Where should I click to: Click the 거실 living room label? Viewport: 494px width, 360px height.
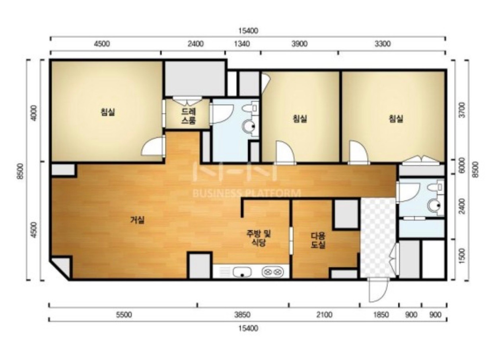[x=137, y=220]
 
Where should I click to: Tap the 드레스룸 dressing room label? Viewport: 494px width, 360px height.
[x=189, y=116]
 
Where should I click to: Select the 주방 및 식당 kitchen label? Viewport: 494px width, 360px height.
[x=259, y=238]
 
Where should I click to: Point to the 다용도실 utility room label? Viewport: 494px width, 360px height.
[x=318, y=240]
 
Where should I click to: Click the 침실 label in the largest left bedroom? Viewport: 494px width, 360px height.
[x=108, y=112]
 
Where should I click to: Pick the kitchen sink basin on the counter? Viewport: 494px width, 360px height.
[x=242, y=272]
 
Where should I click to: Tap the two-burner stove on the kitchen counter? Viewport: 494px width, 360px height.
[x=272, y=272]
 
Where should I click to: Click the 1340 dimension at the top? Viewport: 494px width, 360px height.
[x=242, y=44]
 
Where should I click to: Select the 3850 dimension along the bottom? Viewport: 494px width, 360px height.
[x=242, y=315]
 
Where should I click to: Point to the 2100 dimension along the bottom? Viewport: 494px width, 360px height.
[x=325, y=315]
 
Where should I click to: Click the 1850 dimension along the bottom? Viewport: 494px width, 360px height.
[x=381, y=315]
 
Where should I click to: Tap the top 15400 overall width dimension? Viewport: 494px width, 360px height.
[x=248, y=31]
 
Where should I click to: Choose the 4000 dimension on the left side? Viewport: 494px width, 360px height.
[x=34, y=113]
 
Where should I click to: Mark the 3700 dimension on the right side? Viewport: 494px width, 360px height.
[x=462, y=110]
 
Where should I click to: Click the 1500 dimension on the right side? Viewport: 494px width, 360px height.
[x=462, y=256]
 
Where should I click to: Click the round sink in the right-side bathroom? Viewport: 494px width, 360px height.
[x=434, y=206]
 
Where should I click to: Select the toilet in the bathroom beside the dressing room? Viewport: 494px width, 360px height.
[x=251, y=108]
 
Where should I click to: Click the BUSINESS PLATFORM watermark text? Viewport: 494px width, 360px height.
[x=247, y=193]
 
